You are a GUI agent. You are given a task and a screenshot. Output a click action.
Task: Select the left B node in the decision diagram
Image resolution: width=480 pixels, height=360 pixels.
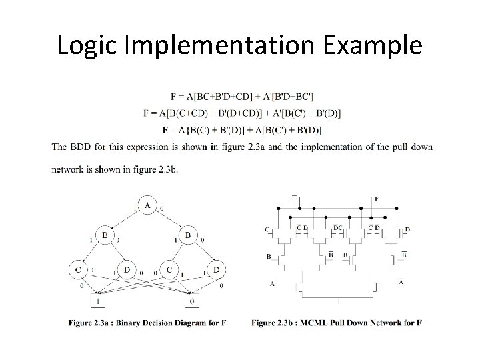(x=104, y=236)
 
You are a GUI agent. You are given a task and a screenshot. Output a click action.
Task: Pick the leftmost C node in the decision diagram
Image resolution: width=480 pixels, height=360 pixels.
(x=79, y=270)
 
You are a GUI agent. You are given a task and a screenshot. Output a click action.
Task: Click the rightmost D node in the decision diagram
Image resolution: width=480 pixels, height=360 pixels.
(x=215, y=270)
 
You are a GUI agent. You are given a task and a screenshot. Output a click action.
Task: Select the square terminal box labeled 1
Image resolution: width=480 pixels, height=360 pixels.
(x=99, y=301)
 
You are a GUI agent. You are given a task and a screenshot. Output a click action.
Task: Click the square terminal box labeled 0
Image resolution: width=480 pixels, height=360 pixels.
(x=191, y=301)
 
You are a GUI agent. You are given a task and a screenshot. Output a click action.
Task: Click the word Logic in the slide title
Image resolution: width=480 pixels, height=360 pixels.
(x=84, y=45)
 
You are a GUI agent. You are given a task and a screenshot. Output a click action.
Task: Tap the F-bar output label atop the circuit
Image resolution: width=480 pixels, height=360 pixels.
(x=294, y=199)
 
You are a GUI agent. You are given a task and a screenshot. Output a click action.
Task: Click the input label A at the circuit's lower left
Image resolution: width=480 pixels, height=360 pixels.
(x=272, y=283)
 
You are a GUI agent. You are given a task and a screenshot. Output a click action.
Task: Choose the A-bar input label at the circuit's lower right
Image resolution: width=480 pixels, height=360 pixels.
(x=401, y=282)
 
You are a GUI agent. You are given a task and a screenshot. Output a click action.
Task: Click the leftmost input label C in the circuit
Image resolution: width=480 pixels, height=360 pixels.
(x=267, y=230)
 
